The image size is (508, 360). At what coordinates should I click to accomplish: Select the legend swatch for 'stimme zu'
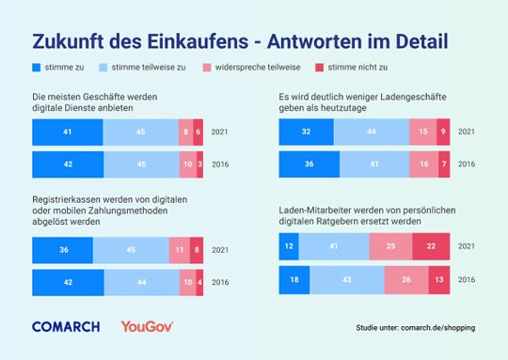click(x=37, y=69)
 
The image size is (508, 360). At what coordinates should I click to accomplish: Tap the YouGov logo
click(x=147, y=326)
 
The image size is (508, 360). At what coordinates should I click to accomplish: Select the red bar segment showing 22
click(x=431, y=246)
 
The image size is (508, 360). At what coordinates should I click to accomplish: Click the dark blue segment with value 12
click(x=289, y=246)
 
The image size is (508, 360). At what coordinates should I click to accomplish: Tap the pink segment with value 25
click(x=389, y=246)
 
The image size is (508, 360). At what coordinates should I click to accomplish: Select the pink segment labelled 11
click(x=179, y=251)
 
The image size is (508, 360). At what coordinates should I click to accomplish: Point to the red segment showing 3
click(x=200, y=164)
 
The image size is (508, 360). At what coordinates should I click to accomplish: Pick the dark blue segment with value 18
click(x=294, y=279)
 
